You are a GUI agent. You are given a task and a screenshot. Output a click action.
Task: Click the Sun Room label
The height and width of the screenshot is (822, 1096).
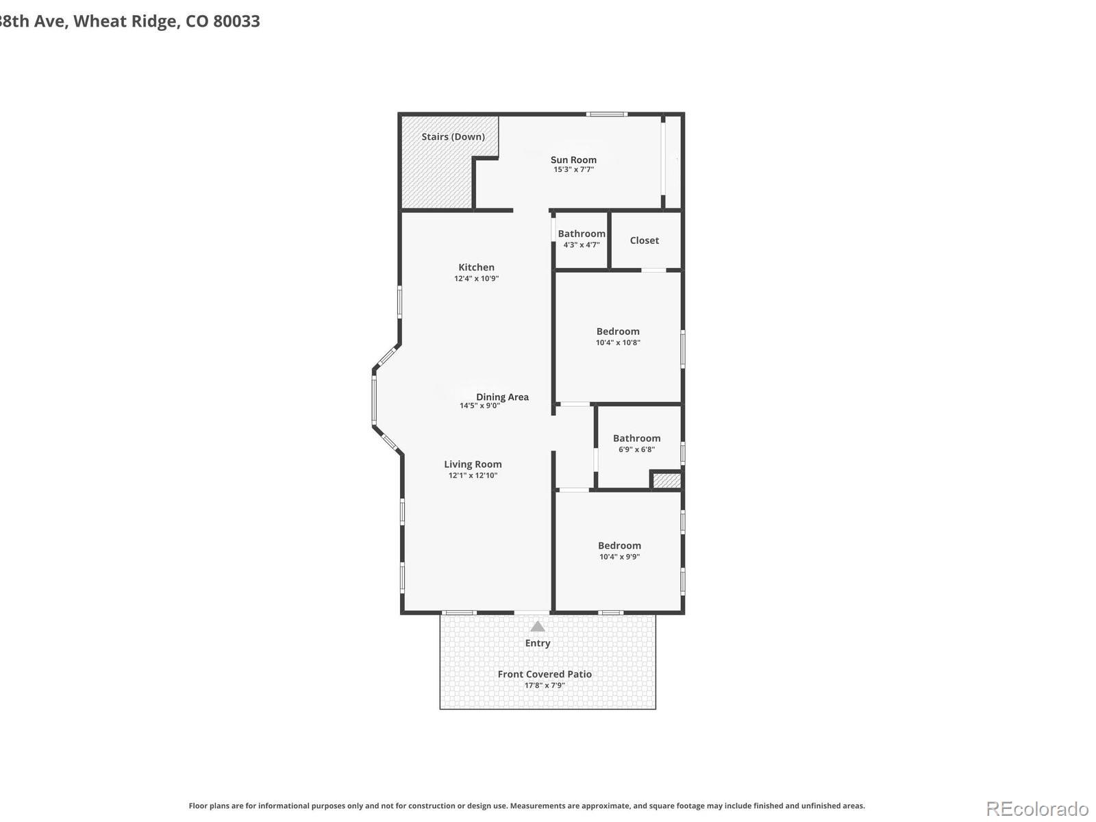click(573, 160)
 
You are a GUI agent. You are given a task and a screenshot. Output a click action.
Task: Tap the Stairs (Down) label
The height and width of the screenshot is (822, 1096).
click(453, 136)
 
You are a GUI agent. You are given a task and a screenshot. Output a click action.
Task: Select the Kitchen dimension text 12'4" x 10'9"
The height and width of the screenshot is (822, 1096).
click(476, 279)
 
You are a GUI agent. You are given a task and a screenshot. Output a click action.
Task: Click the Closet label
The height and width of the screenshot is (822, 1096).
click(644, 240)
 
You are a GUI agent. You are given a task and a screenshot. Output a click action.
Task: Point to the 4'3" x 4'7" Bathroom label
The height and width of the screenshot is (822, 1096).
click(582, 234)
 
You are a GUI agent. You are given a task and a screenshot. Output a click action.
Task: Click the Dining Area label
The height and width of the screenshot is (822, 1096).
click(502, 397)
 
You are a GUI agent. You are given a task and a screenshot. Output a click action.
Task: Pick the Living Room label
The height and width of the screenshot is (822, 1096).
click(473, 464)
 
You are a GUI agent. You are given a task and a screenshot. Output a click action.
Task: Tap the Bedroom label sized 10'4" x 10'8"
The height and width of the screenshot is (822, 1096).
click(618, 332)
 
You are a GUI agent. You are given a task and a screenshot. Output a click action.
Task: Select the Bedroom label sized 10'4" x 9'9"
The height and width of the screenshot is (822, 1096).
click(619, 546)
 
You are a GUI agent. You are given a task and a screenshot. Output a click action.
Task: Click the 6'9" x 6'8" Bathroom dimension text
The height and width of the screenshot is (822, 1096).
click(636, 450)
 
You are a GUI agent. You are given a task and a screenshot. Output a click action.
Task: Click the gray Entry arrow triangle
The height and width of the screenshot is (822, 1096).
click(538, 626)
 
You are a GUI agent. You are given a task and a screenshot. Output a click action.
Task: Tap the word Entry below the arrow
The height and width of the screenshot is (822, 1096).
click(538, 643)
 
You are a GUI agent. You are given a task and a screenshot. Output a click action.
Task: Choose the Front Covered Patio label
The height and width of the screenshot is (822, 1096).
click(545, 674)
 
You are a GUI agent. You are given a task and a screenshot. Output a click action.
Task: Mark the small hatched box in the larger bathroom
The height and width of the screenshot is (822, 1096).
click(666, 481)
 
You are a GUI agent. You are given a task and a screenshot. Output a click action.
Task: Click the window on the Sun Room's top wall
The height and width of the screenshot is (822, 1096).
click(606, 114)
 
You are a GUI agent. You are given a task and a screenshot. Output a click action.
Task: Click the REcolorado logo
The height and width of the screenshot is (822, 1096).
click(1036, 808)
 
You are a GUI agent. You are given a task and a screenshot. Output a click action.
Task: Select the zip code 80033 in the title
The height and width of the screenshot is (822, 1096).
click(236, 21)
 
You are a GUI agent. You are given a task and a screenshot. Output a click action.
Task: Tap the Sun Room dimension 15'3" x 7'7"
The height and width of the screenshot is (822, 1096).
click(573, 170)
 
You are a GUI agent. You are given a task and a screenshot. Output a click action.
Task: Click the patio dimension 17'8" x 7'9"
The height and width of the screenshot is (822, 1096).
click(545, 685)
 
